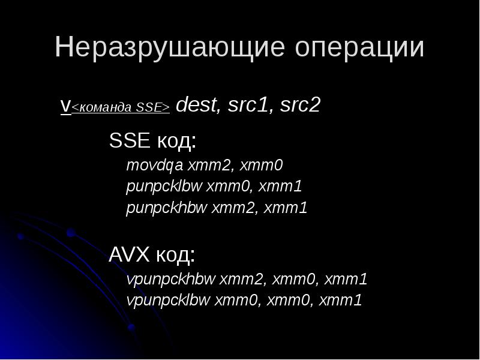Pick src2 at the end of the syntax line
299,105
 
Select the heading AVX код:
152,255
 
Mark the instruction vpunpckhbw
170,279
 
